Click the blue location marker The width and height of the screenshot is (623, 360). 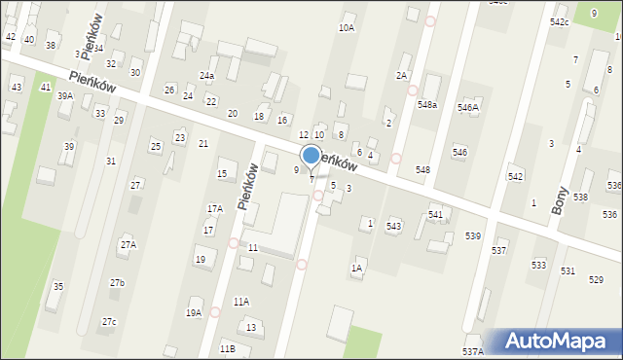point(311,156)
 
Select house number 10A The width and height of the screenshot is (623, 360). point(346,28)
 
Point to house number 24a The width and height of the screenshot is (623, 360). point(206,75)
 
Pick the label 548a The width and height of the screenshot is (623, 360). point(427,104)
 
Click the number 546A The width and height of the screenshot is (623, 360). point(468,107)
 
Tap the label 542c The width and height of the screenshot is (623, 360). point(559,21)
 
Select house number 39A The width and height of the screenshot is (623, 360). point(65,95)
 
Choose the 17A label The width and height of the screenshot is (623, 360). point(214,208)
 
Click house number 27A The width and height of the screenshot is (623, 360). point(128,245)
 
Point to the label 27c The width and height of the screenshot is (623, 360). point(109,321)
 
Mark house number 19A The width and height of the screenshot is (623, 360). point(194,312)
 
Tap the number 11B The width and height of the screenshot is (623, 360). point(227,347)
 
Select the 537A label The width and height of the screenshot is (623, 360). point(472,351)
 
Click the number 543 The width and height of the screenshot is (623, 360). point(393,226)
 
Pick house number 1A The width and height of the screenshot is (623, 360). point(357,268)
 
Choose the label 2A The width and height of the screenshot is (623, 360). point(400,75)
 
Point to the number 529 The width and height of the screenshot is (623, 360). point(596,280)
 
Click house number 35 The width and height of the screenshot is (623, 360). point(58,286)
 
